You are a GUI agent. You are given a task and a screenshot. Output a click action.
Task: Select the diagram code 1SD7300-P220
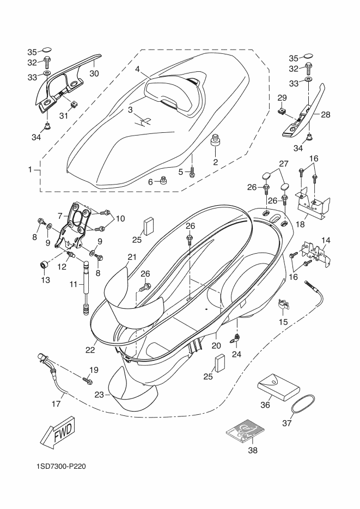pyautogui.click(x=62, y=467)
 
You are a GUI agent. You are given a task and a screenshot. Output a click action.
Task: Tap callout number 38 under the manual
pyautogui.click(x=253, y=450)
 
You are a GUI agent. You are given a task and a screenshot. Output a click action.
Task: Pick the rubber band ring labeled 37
pyautogui.click(x=303, y=404)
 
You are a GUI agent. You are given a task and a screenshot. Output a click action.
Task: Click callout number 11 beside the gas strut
pyautogui.click(x=74, y=284)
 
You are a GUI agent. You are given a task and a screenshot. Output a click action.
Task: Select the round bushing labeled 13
pyautogui.click(x=42, y=265)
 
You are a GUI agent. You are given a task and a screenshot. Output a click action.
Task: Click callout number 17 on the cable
pyautogui.click(x=56, y=404)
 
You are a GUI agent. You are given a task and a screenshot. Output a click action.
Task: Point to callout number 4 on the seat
pyautogui.click(x=138, y=69)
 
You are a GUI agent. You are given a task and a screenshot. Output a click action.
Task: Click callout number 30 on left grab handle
pyautogui.click(x=94, y=73)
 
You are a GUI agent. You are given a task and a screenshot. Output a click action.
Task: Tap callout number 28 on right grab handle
pyautogui.click(x=326, y=114)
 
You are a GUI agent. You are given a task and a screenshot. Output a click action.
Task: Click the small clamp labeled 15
pyautogui.click(x=283, y=305)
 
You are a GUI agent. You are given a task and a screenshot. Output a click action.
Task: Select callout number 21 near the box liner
pyautogui.click(x=132, y=257)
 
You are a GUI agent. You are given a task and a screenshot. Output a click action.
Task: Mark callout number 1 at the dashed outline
pyautogui.click(x=30, y=170)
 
